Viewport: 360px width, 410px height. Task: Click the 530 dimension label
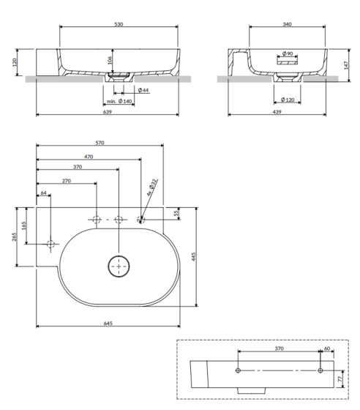[119, 24]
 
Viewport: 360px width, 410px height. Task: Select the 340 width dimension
[287, 24]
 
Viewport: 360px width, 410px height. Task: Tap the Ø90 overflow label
[288, 53]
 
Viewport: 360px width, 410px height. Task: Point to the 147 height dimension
[346, 65]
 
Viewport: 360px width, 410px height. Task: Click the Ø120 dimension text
[288, 100]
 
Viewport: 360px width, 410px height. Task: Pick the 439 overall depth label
[277, 111]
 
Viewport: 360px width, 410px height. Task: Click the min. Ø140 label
[119, 101]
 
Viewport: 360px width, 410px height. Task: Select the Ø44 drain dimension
[143, 90]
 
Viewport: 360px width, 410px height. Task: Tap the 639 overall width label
[108, 111]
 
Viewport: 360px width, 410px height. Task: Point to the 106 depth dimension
[110, 60]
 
